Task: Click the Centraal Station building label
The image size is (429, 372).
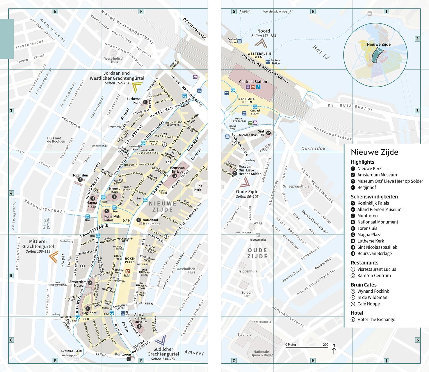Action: point(253,82)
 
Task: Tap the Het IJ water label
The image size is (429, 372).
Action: point(321,52)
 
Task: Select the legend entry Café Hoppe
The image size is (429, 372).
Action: point(368,304)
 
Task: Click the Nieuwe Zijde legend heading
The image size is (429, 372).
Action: point(374,152)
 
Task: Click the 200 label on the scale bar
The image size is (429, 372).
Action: point(325,345)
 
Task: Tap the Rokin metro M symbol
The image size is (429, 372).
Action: point(127,271)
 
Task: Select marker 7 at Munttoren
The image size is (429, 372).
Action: point(129,359)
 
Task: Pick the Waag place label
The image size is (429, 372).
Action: point(258,223)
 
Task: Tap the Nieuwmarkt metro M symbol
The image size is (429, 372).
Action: point(258,235)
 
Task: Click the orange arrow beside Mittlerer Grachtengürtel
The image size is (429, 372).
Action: point(53,257)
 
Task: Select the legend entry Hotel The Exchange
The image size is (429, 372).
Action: point(376,319)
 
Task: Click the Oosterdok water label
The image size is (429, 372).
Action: point(313,149)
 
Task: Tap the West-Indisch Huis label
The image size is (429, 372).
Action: point(114,60)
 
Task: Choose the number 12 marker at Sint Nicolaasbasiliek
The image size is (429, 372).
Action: point(268,133)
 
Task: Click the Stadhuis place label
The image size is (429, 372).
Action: point(244,335)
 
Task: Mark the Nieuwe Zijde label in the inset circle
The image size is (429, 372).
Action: point(378,44)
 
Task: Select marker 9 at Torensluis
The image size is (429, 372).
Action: point(80,180)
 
